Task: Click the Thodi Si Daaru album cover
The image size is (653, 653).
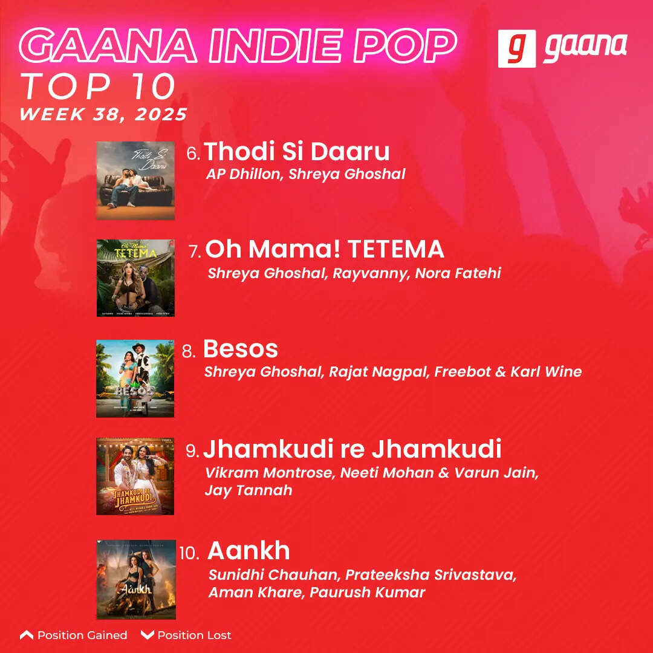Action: coord(135,181)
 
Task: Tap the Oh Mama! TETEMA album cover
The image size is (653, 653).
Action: coord(135,278)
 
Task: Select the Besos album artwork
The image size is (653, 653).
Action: coord(135,378)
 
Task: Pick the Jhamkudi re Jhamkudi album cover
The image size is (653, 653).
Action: coord(135,476)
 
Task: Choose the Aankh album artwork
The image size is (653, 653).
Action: coord(136,579)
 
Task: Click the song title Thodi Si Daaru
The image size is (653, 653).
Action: coord(297,151)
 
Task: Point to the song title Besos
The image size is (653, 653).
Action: coord(241,349)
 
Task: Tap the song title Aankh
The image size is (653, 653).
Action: coord(249,551)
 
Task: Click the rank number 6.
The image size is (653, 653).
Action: coord(193,154)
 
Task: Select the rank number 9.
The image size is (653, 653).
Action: coord(192,451)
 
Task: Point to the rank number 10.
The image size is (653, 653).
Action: coord(189,553)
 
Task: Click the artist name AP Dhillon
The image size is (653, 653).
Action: coord(244,174)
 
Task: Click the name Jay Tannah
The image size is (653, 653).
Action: coord(248,490)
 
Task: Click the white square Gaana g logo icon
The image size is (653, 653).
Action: coord(516,48)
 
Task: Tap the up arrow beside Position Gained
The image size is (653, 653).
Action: coord(26,635)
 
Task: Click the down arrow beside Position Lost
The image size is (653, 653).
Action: coord(147,635)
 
